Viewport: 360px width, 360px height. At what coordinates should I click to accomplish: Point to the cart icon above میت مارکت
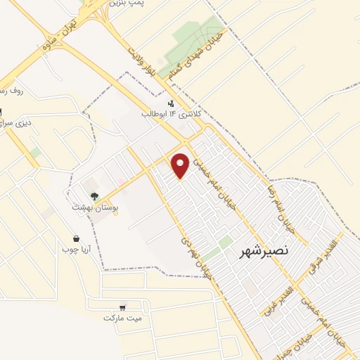pos(123,307)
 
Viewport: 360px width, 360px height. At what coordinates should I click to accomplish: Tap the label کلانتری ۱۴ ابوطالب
pos(172,114)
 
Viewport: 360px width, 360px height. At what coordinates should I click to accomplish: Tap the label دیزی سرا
pos(14,123)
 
